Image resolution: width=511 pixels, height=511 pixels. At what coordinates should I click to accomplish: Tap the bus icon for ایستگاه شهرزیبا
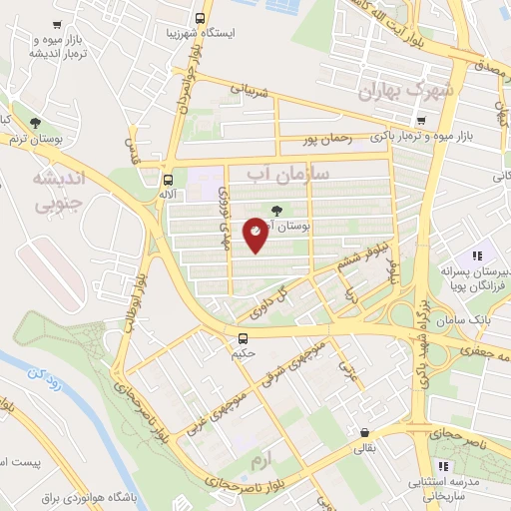(201, 18)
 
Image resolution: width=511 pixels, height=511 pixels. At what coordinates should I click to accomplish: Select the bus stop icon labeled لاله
(167, 181)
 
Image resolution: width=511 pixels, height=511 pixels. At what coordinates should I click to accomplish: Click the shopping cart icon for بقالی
(364, 433)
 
